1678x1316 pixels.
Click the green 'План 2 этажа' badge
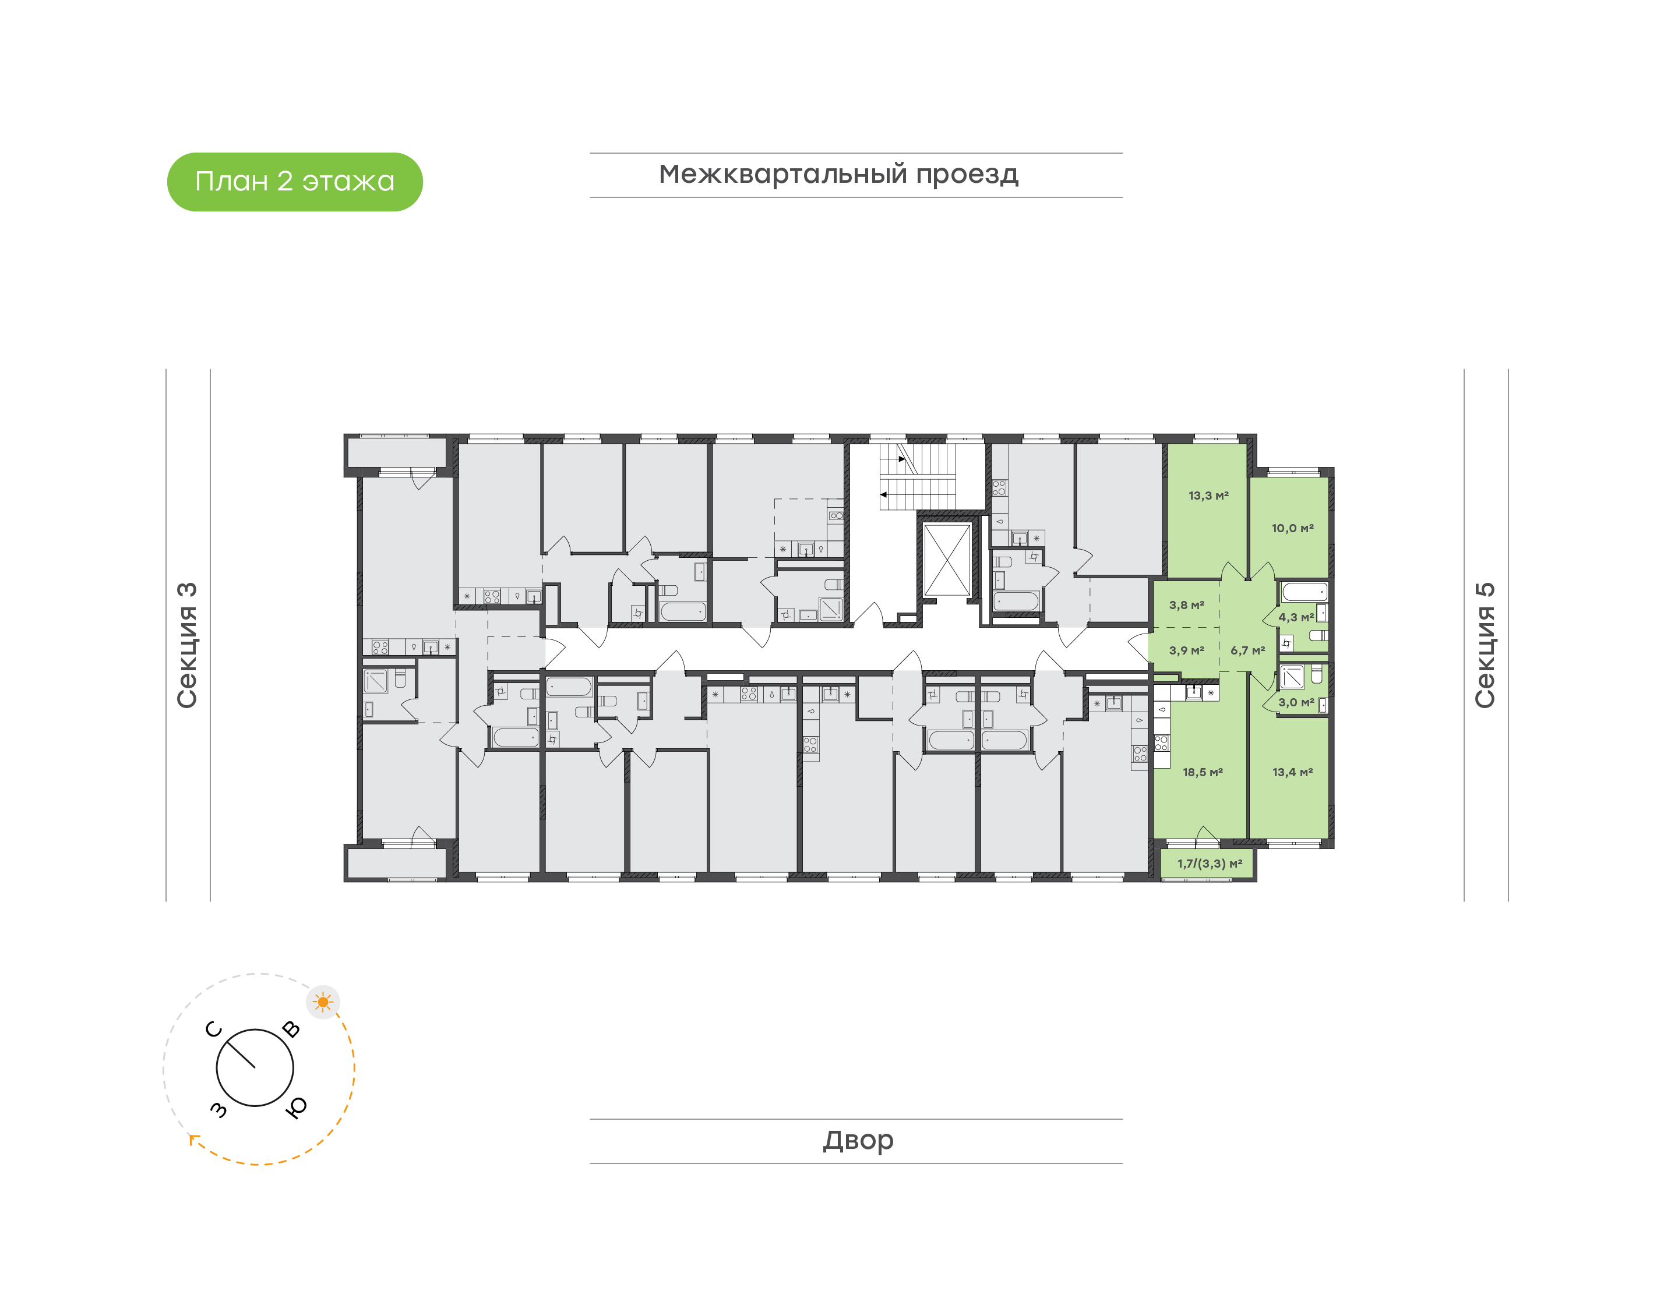(294, 182)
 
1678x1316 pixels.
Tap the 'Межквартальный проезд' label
(838, 175)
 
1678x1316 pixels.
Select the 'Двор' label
(858, 1140)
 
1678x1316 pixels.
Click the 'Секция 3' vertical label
(187, 645)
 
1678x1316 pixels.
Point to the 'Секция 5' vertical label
(1485, 645)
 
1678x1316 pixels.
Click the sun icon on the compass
(323, 1002)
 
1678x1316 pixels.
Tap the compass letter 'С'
(214, 1030)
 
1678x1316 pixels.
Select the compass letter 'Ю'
(296, 1107)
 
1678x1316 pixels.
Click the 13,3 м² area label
(1208, 496)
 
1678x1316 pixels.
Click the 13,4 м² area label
(1292, 772)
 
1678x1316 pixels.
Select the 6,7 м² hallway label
(1247, 651)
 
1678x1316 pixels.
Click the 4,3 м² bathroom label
(1296, 617)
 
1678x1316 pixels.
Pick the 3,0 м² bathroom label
(1296, 703)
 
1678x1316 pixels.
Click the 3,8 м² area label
(1186, 606)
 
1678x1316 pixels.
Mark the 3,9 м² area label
(1186, 651)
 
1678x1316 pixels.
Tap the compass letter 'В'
(291, 1030)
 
